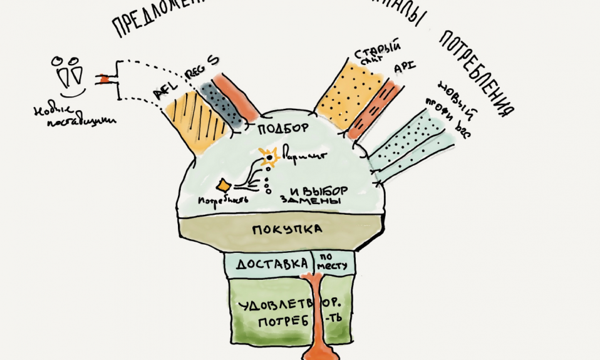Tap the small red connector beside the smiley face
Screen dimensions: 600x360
click(103, 80)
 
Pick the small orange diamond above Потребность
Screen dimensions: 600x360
click(224, 185)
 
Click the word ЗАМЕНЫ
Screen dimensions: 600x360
click(302, 201)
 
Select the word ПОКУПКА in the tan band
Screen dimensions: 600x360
click(287, 229)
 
